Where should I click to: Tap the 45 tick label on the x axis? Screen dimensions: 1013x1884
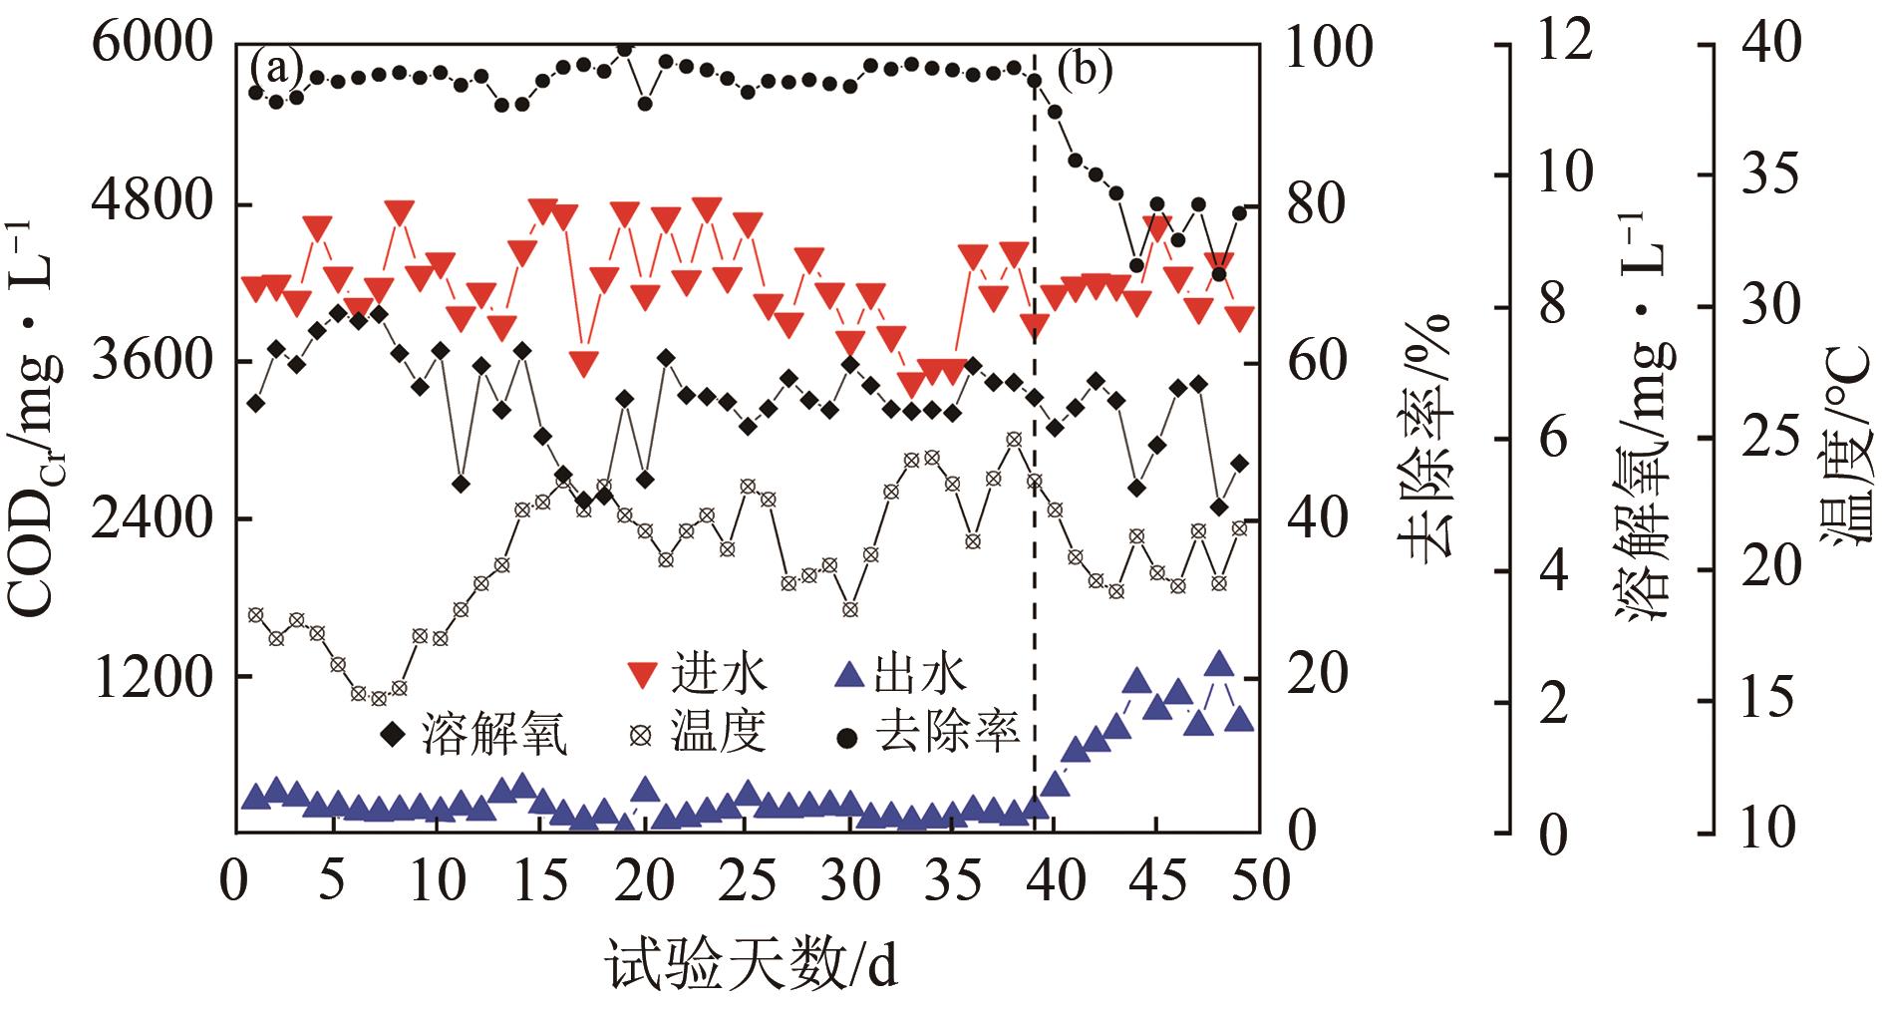[x=1156, y=881]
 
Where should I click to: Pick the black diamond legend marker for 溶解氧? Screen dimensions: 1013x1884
[x=393, y=736]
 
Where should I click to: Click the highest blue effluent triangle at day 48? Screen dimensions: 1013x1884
[x=1218, y=664]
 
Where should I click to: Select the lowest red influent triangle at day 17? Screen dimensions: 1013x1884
[x=584, y=363]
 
